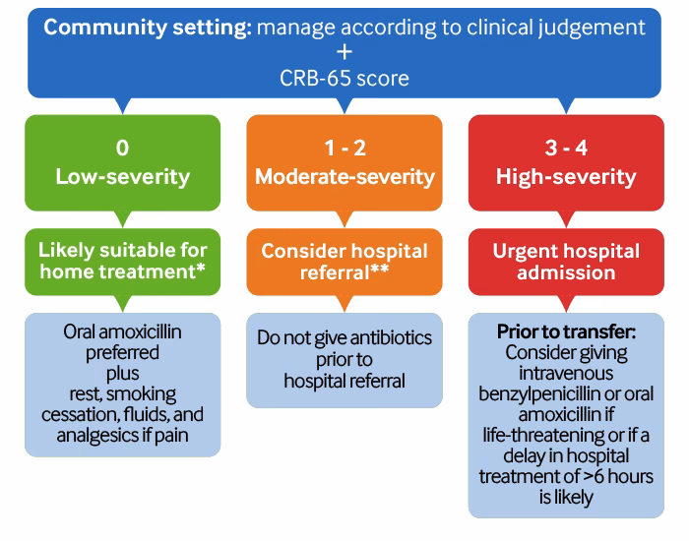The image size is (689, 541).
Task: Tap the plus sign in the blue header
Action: pyautogui.click(x=344, y=51)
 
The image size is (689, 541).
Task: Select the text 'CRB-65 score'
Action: pyautogui.click(x=344, y=77)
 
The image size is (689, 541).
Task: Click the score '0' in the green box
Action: pyautogui.click(x=122, y=148)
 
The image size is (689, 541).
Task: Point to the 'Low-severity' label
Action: pyautogui.click(x=122, y=177)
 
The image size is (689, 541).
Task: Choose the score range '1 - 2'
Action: pyautogui.click(x=344, y=148)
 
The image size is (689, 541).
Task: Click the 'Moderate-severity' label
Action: pyautogui.click(x=344, y=177)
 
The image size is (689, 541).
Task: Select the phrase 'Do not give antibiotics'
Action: pyautogui.click(x=344, y=338)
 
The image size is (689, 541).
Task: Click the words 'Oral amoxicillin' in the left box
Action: pyautogui.click(x=122, y=331)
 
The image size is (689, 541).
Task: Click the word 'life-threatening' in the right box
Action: pyautogui.click(x=552, y=436)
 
